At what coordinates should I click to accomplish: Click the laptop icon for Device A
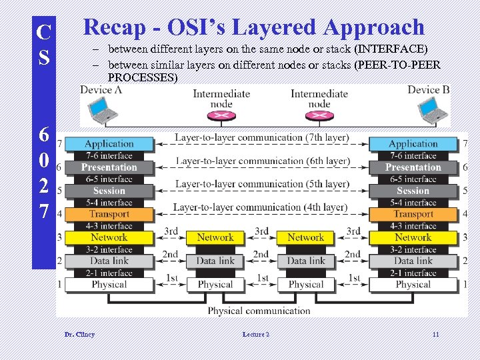101,111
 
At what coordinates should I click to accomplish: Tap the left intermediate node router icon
221,117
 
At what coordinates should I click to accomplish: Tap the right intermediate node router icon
319,117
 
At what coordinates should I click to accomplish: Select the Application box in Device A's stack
109,143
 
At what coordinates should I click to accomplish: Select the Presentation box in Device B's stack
413,167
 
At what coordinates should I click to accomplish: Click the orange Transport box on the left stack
109,214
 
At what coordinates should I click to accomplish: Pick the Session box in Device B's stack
413,191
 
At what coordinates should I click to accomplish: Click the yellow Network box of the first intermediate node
215,237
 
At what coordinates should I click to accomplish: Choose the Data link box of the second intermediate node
306,261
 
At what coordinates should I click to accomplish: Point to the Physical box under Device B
413,285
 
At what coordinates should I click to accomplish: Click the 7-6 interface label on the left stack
109,155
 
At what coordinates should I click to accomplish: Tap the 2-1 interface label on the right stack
413,273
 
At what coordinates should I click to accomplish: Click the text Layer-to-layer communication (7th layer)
261,138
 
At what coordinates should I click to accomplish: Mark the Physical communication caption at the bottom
259,310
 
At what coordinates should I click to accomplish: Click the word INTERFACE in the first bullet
391,49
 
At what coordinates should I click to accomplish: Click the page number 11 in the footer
435,334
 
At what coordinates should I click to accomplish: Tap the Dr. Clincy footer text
79,334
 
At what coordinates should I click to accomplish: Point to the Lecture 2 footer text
256,334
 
